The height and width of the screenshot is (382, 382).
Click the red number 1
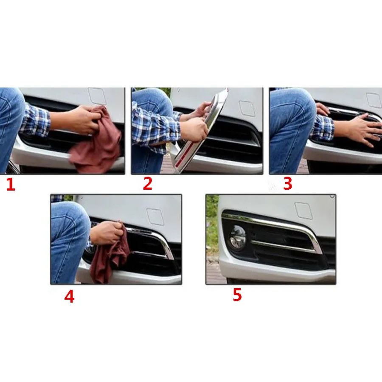click(x=10, y=185)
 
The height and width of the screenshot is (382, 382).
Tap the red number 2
click(x=147, y=184)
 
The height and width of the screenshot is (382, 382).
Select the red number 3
click(x=288, y=184)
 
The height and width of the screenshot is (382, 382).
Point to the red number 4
click(x=69, y=297)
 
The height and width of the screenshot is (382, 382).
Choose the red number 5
click(x=237, y=295)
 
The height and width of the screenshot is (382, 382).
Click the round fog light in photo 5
click(x=236, y=239)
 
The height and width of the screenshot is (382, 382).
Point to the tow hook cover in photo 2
click(x=247, y=108)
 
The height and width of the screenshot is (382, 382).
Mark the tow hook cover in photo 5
click(x=304, y=211)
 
